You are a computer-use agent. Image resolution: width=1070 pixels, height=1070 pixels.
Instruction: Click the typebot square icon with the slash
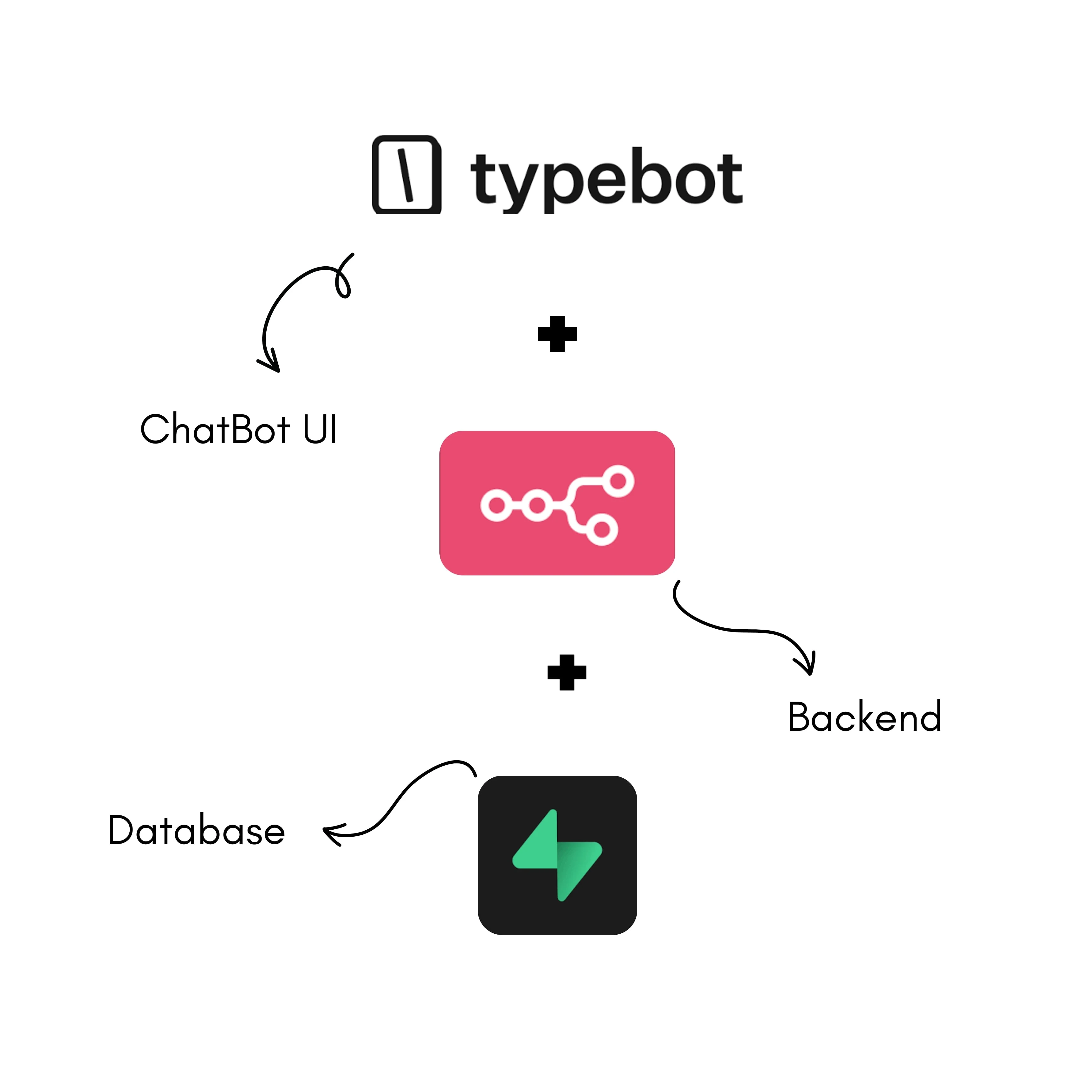click(406, 174)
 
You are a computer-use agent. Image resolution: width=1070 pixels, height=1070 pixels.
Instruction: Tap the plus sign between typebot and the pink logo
click(557, 334)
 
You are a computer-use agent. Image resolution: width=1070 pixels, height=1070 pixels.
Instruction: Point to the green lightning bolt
click(557, 855)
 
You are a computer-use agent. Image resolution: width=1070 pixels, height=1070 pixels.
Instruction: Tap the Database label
click(197, 830)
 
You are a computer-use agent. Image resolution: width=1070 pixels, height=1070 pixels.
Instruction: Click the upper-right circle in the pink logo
click(618, 481)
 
